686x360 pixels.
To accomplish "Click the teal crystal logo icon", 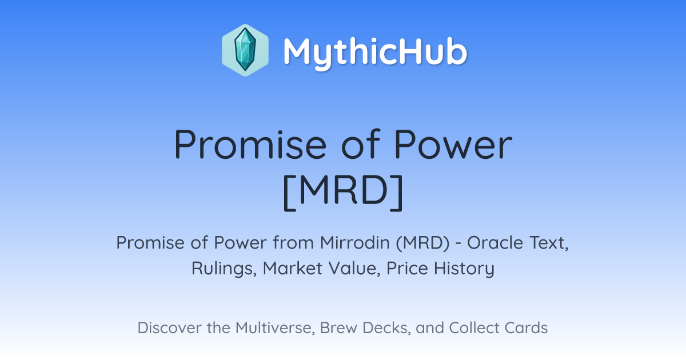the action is tap(245, 50).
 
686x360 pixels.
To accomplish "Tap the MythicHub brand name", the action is tap(375, 53).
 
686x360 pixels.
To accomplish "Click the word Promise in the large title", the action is tap(250, 144).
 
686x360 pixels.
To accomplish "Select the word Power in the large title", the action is tap(453, 144).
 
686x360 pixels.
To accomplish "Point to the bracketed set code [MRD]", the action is tap(343, 192).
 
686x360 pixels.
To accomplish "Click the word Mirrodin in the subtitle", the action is tap(354, 243).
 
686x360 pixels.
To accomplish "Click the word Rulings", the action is tap(224, 269).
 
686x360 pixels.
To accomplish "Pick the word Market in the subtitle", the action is tap(293, 268).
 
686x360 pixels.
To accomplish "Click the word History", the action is tap(464, 269).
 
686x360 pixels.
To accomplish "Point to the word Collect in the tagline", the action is tap(474, 328).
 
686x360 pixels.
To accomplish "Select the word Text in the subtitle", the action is tap(549, 243).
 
